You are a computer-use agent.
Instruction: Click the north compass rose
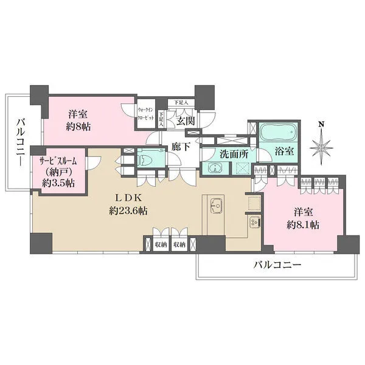tap(321, 146)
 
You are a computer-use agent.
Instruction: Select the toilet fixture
tap(146, 159)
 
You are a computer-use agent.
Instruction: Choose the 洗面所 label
tap(234, 154)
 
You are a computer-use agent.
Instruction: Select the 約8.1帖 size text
tap(302, 225)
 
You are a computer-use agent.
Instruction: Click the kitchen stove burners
tap(254, 224)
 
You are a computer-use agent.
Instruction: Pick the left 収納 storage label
tap(161, 244)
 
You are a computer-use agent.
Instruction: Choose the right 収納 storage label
tap(179, 244)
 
